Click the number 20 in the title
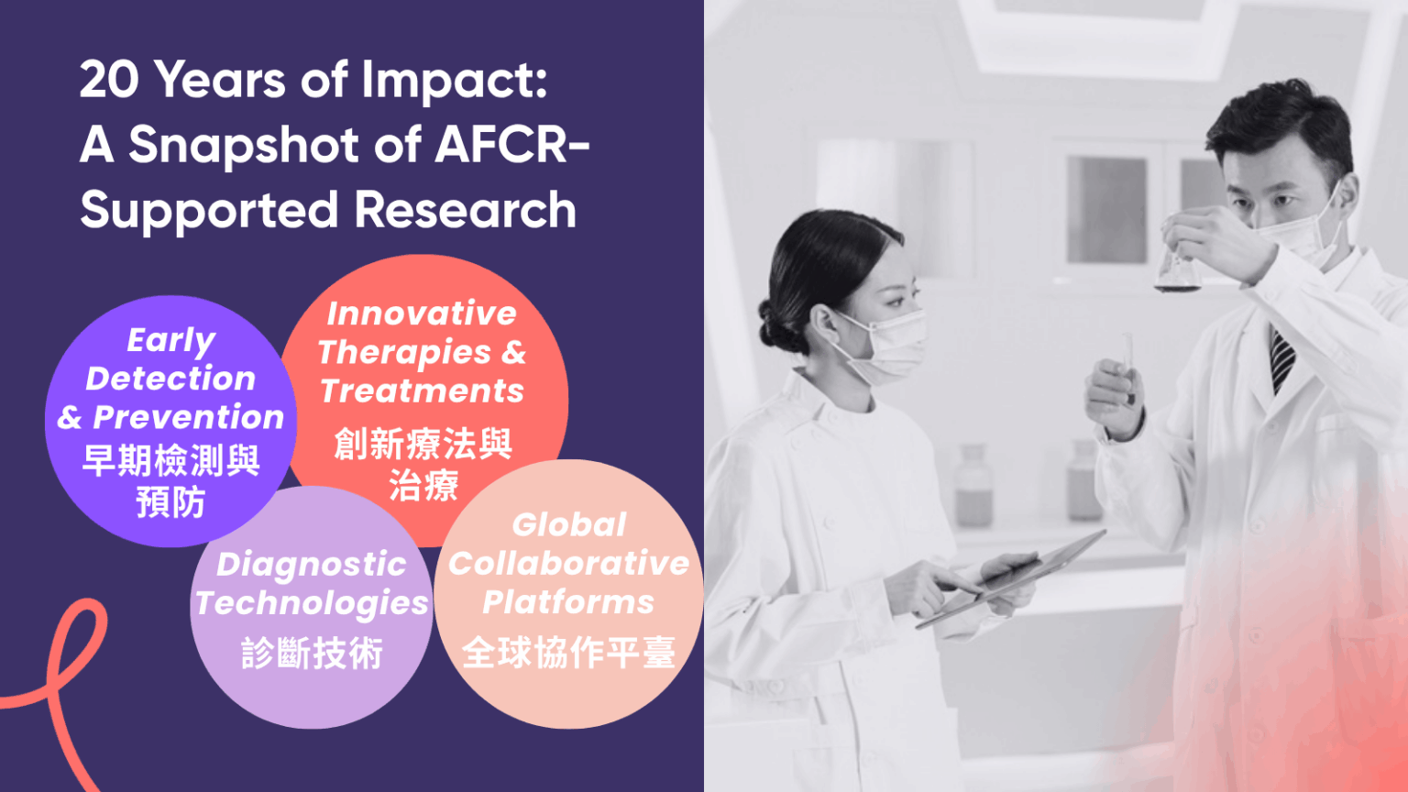click(x=109, y=80)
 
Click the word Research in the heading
click(x=466, y=210)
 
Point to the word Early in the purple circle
click(x=171, y=340)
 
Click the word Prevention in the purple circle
click(x=189, y=417)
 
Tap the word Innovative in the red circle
click(x=422, y=313)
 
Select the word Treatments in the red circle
click(x=422, y=391)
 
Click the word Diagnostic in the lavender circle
click(x=311, y=564)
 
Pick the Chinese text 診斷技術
click(x=312, y=654)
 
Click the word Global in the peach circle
click(x=568, y=524)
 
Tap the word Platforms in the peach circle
click(x=568, y=602)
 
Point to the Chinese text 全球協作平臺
click(x=568, y=653)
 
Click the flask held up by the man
click(x=1177, y=270)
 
